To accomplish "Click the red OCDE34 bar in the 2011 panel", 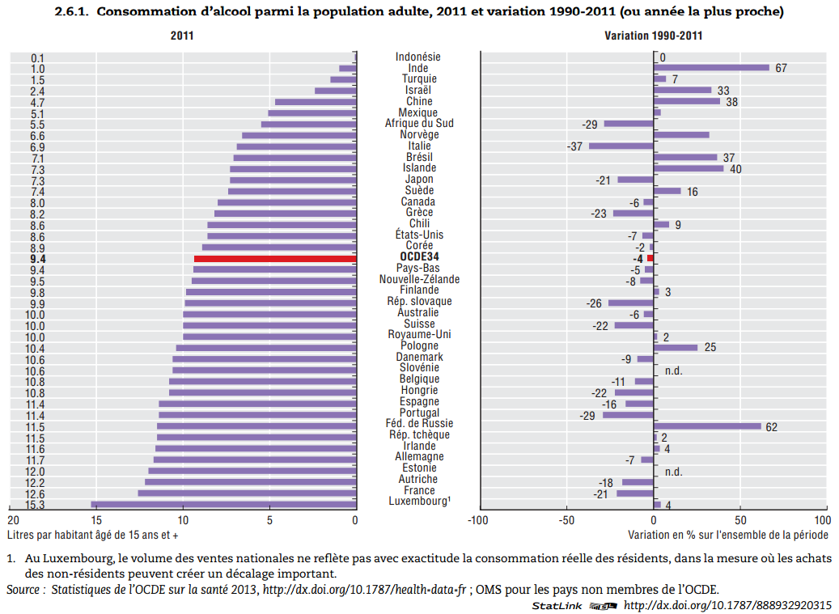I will point(275,259).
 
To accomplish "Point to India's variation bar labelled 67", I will point(711,68).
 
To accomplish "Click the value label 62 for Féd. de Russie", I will point(771,427).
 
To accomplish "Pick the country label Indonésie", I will point(418,57).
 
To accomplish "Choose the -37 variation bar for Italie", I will point(621,146).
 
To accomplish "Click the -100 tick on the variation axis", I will point(479,520).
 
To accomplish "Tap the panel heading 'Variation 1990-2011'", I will point(654,36).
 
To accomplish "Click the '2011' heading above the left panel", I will point(182,36).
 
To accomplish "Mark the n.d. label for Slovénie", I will point(674,371).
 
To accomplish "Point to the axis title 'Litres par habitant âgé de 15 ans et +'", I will point(93,535).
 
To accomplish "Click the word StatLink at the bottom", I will point(557,606).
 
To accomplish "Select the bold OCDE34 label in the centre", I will point(419,257).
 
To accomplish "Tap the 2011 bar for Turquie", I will point(343,79).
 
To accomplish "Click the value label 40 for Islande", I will point(735,169).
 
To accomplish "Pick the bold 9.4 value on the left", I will point(37,259).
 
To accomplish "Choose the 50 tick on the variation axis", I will point(739,520).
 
